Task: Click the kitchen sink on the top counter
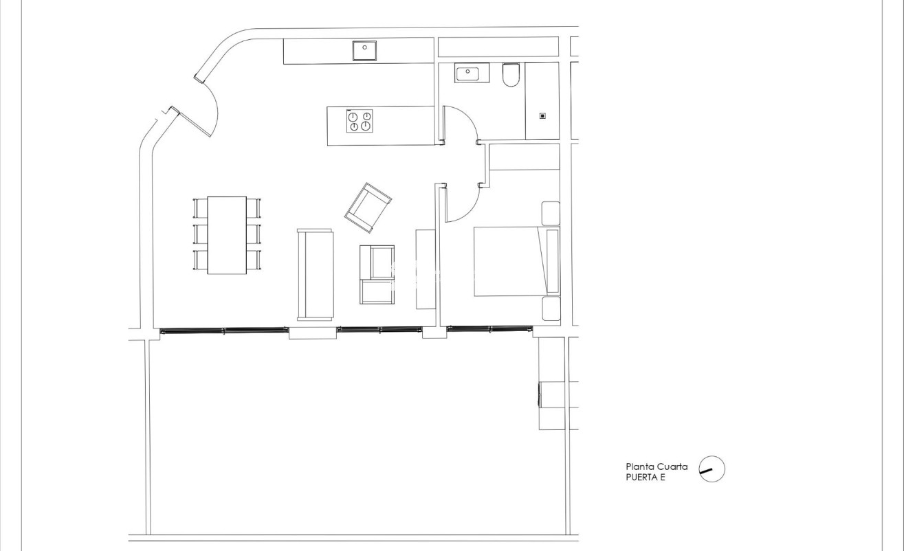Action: (364, 51)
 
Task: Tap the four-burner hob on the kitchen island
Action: (360, 121)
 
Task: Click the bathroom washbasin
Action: (471, 72)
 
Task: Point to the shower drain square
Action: (542, 116)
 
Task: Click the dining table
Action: (227, 235)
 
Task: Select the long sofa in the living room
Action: (315, 274)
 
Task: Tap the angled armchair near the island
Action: (368, 207)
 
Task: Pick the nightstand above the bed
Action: (551, 213)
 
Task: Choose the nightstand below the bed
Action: (551, 309)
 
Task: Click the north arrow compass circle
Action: (712, 469)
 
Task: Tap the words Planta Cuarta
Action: (657, 466)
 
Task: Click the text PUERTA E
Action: (646, 477)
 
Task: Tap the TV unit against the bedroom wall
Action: (426, 269)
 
